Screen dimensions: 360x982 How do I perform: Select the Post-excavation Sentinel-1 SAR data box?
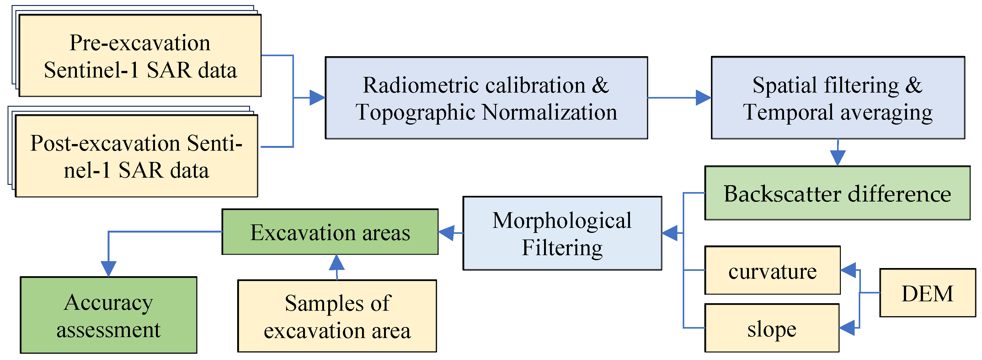coord(136,156)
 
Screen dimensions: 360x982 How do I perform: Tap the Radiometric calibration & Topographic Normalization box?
coord(486,98)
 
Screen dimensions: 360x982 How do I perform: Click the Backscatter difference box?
coord(837,193)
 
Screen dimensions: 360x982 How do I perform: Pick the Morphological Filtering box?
coord(562,234)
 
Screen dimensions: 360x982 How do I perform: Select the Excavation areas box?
coord(330,232)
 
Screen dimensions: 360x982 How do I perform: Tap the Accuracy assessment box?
coord(109,315)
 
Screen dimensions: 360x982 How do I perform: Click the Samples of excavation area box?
coord(337,316)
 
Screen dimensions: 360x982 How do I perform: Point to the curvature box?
coord(772,270)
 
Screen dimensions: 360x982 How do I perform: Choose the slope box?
coord(771,328)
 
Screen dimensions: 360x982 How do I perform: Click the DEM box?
coord(927,293)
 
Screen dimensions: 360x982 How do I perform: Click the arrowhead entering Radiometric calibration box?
coord(317,98)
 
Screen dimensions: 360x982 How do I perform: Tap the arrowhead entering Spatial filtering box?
coord(703,98)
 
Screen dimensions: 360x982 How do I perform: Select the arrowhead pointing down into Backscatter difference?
coord(837,158)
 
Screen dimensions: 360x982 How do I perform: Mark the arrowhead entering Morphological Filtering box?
coord(670,233)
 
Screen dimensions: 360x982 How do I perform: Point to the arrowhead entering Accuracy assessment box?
coord(109,268)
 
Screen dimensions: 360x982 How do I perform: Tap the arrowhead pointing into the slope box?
coord(847,328)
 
